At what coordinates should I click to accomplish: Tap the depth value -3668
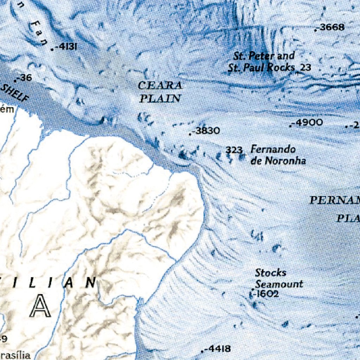(x=331, y=27)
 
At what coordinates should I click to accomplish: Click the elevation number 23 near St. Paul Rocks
(x=306, y=67)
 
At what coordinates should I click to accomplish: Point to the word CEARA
(x=160, y=85)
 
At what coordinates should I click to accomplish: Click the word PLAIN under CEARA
(x=160, y=99)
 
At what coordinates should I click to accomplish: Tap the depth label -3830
(x=207, y=131)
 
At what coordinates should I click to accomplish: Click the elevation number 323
(x=234, y=150)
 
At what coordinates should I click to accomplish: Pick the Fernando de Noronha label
(x=278, y=155)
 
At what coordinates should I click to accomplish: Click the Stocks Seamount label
(x=278, y=278)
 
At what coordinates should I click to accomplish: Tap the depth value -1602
(x=266, y=294)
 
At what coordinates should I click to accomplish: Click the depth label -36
(x=25, y=78)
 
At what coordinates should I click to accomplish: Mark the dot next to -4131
(x=52, y=50)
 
